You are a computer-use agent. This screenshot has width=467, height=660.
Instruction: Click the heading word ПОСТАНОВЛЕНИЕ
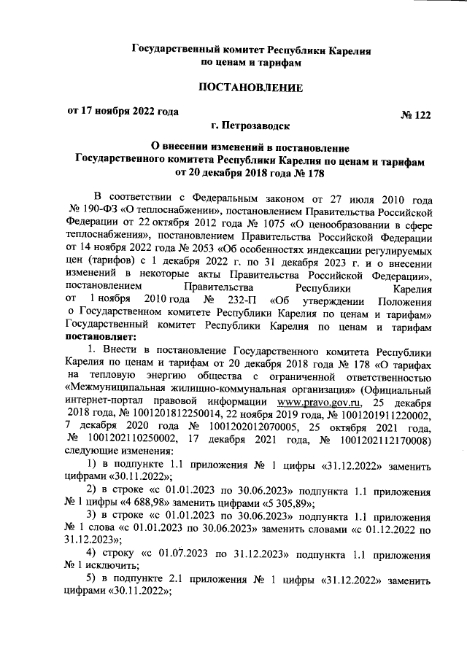[251, 88]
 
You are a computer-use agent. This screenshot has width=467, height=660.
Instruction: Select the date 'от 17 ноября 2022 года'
[122, 112]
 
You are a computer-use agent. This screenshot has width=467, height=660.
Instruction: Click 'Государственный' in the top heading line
[176, 51]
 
